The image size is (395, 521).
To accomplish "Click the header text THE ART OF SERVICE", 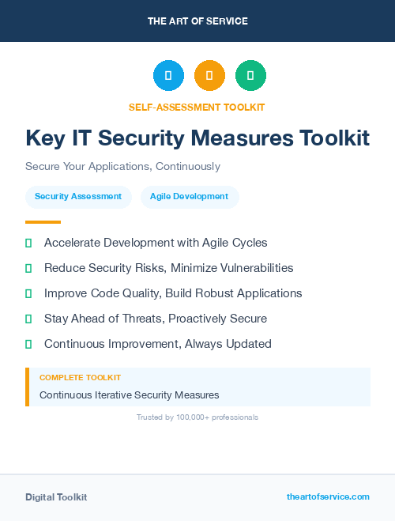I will coord(197,21).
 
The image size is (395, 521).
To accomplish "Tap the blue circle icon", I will coord(168,76).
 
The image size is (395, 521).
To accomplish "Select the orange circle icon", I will coord(209,76).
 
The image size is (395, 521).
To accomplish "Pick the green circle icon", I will coord(250,76).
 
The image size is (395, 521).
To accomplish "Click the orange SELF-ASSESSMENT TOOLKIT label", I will coord(197,107).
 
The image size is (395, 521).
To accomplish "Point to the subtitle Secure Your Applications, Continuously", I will coord(122,167).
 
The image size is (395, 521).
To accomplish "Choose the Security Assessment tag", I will coord(78,196).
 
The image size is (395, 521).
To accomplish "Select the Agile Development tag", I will coord(189,196).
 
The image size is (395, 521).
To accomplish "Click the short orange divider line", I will coord(43,222).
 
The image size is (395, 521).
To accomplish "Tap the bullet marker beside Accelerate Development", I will coord(28,243).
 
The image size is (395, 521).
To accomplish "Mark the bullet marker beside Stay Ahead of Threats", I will coord(28,319).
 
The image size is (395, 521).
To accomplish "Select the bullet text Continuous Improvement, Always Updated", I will coord(158,344).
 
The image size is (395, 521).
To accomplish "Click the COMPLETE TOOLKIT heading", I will coord(80,378).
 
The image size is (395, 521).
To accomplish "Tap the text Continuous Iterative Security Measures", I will coord(129,395).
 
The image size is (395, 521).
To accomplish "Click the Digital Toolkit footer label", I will coord(56,497).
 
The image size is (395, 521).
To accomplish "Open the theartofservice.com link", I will coord(328,496).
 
